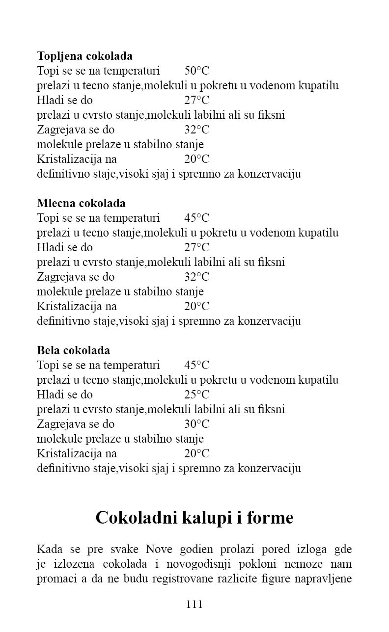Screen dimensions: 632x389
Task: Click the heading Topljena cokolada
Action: point(84,56)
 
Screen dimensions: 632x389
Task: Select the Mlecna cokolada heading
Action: point(81,203)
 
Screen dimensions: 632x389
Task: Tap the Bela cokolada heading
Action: point(73,350)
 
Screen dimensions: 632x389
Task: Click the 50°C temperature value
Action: point(196,71)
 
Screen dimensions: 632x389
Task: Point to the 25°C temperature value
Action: point(196,395)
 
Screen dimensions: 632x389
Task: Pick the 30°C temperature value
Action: point(196,424)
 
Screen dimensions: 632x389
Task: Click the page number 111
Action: point(194,605)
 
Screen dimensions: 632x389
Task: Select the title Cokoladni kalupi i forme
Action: point(194,518)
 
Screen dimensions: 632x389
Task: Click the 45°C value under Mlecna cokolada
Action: point(196,218)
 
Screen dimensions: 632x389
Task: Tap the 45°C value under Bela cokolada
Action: point(196,365)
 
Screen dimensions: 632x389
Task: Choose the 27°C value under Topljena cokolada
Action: point(196,100)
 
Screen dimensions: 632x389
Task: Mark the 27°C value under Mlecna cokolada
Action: point(196,247)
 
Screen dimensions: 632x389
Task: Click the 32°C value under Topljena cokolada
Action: point(196,130)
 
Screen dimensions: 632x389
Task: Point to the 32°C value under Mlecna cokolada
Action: point(196,277)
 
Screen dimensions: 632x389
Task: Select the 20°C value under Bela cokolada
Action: point(196,453)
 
